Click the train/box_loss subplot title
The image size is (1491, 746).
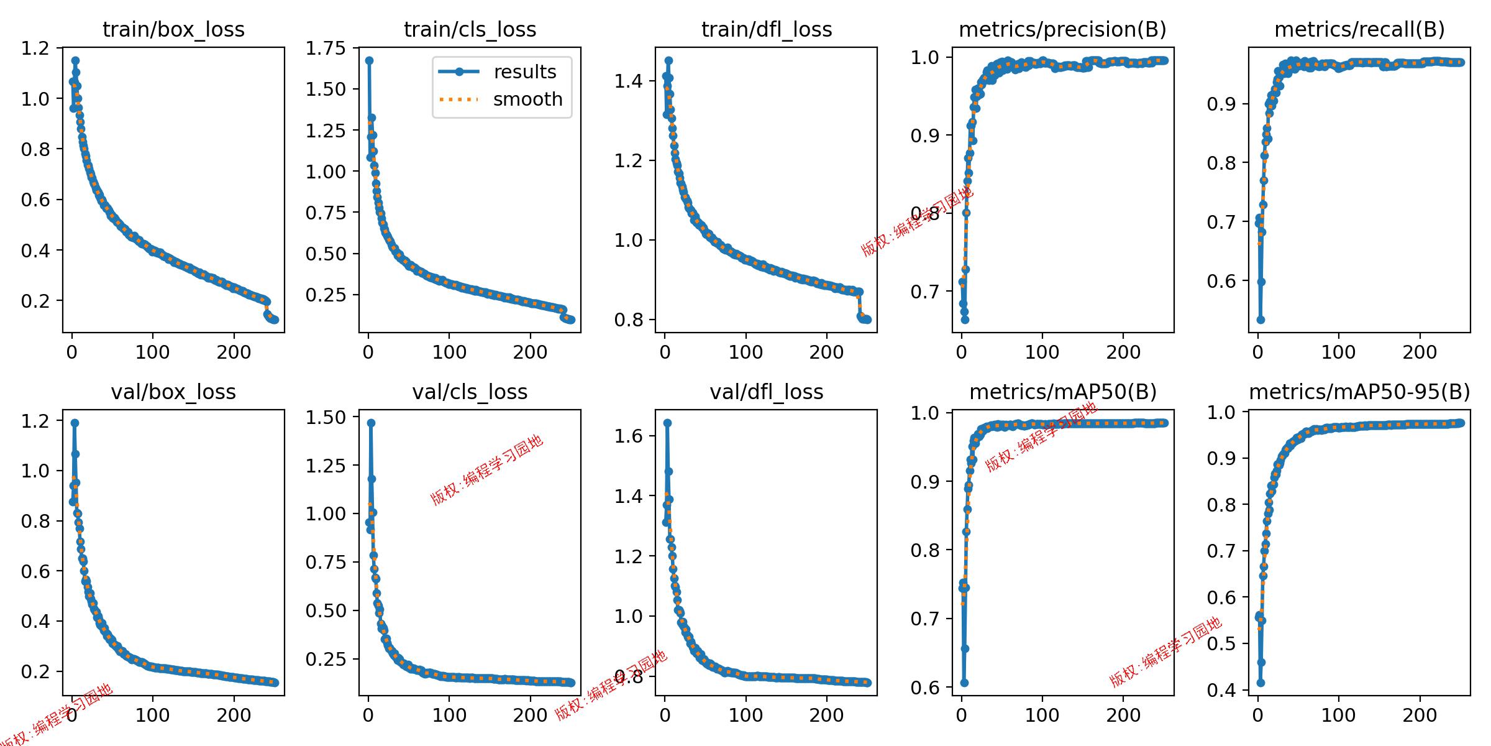pos(173,29)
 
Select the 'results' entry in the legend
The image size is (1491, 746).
pos(525,72)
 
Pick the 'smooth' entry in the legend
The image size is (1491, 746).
pos(527,99)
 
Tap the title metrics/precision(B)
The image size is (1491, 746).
pos(1062,29)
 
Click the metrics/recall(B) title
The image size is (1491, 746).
pos(1359,29)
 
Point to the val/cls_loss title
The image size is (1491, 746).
pos(470,392)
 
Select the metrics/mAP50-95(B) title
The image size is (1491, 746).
pos(1359,392)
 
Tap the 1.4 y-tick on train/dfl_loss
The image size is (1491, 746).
pos(628,81)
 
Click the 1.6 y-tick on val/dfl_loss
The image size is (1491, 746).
pos(628,436)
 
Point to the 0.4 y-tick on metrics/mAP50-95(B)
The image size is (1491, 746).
pos(1221,690)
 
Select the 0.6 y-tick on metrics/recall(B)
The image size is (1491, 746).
pos(1221,281)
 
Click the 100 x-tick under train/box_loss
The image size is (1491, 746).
pos(152,352)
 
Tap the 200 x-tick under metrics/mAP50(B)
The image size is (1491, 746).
pos(1123,715)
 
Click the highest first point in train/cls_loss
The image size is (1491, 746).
pos(369,61)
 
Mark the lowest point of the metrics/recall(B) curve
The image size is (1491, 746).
pos(1261,320)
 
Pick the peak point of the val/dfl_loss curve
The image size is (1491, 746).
pos(667,423)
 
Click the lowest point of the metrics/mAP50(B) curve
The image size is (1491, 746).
pos(964,683)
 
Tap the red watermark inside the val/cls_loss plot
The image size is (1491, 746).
pos(487,470)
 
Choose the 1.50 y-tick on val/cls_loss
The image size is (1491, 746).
pos(326,418)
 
